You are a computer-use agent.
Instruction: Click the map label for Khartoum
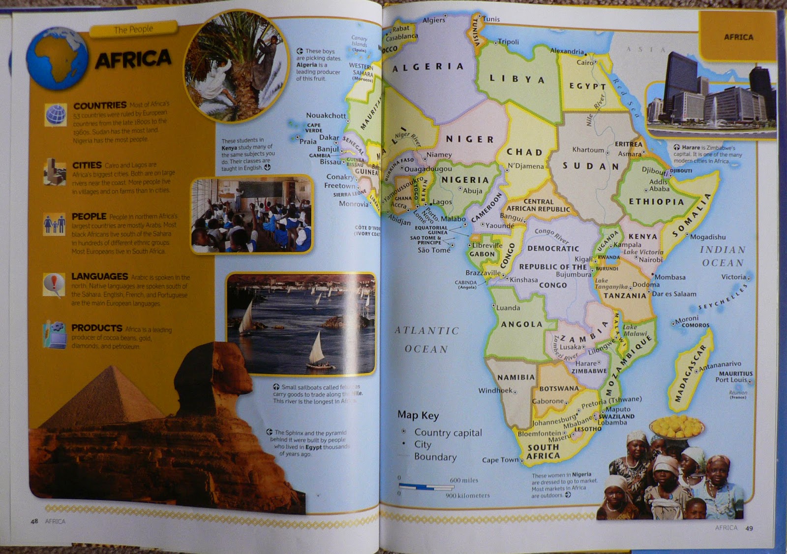click(x=588, y=150)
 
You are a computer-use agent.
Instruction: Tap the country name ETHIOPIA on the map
click(x=656, y=201)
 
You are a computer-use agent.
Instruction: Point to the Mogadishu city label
click(x=707, y=237)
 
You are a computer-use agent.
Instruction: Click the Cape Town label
click(x=500, y=460)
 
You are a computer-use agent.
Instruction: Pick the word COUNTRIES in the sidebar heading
click(x=100, y=105)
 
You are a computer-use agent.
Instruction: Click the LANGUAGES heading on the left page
click(x=99, y=277)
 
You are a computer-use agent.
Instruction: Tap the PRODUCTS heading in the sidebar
click(x=96, y=328)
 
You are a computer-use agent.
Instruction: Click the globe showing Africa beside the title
click(x=57, y=58)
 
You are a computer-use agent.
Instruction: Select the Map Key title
click(x=418, y=415)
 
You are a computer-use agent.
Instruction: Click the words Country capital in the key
click(x=448, y=432)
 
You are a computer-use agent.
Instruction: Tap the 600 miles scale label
click(x=463, y=480)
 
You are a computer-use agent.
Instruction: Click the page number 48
click(x=34, y=521)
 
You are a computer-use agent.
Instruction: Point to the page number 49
click(x=749, y=528)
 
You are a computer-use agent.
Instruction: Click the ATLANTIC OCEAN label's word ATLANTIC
click(x=426, y=331)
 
